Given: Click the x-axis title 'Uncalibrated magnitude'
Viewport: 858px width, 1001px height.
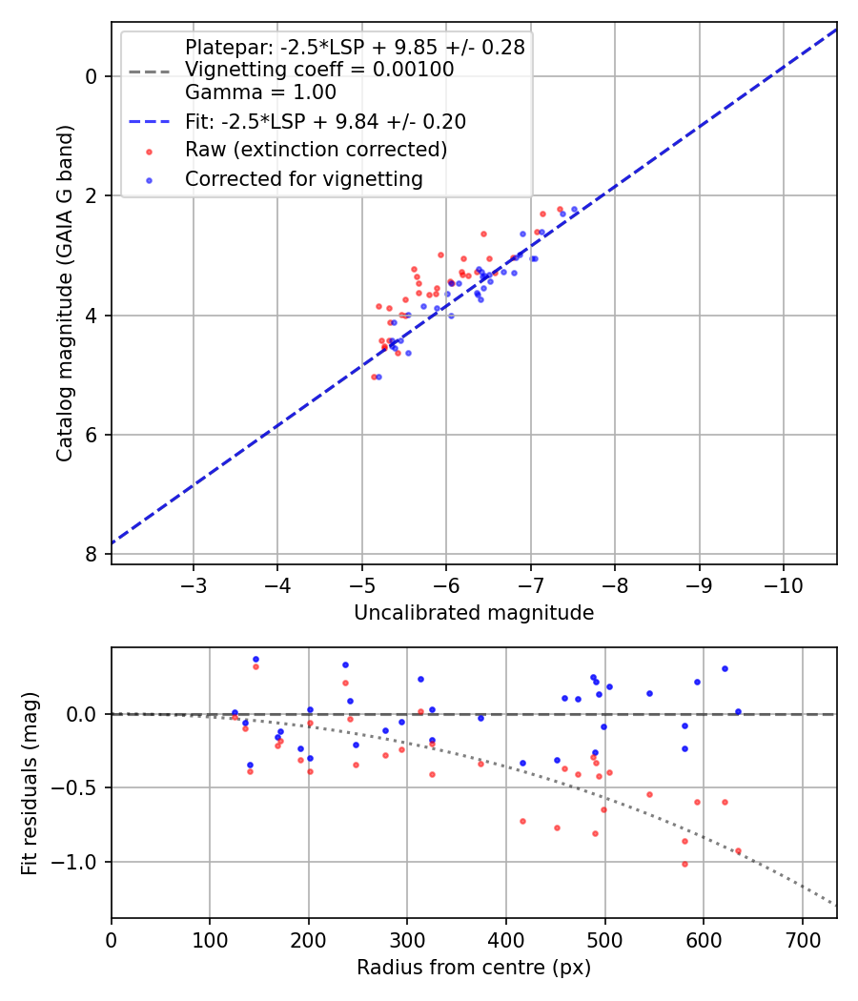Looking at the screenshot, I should click(474, 613).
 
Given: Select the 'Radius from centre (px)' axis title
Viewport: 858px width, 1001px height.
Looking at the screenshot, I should click(474, 968).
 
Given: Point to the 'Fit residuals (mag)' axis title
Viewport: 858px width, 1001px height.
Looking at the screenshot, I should click(30, 783).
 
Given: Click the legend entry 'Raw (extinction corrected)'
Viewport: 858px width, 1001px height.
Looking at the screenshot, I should click(316, 150).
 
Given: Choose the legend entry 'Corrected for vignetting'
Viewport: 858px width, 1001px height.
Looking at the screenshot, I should click(303, 178).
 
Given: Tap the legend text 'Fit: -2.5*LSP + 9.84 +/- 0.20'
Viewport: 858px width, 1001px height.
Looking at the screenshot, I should click(325, 122).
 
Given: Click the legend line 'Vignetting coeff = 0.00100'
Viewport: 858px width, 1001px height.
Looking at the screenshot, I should click(319, 70).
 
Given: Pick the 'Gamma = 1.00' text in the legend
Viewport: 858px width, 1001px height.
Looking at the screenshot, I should click(260, 92).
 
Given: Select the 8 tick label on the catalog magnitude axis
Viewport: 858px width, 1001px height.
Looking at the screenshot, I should click(92, 555).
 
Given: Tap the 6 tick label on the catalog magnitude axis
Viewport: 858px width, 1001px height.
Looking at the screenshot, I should click(92, 435).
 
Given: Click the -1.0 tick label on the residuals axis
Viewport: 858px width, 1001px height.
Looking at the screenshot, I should click(80, 862).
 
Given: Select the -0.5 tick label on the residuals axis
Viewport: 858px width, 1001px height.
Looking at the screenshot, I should click(80, 788).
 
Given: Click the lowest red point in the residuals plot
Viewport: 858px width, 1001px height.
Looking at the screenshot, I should click(684, 864).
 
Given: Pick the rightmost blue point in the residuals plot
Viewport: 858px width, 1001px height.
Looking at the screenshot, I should click(738, 711).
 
